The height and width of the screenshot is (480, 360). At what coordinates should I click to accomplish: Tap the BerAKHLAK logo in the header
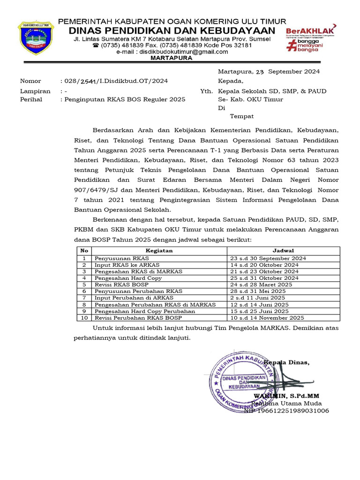tap(311, 37)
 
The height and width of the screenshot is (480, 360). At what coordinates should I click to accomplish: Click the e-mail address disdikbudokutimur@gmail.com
tap(180, 52)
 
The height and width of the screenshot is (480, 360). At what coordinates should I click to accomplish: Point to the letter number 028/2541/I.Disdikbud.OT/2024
tap(114, 81)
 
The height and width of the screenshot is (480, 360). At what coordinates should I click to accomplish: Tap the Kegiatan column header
tap(159, 251)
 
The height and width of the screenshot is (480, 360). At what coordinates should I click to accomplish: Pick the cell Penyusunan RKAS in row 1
tap(121, 258)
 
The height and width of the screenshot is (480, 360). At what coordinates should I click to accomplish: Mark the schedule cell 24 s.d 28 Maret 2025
tap(261, 285)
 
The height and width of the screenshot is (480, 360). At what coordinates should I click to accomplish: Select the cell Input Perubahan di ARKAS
tap(134, 298)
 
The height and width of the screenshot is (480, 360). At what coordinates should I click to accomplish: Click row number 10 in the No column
tap(84, 317)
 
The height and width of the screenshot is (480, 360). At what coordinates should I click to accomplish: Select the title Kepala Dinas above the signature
tap(287, 363)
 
